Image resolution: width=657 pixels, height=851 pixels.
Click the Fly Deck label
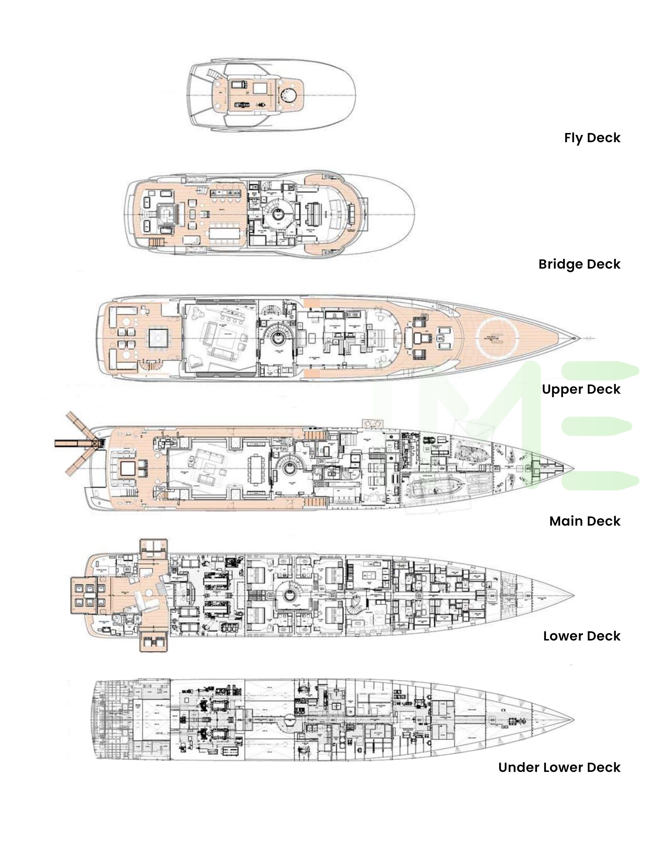pos(592,138)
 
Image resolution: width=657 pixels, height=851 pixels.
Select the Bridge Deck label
pos(579,264)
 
